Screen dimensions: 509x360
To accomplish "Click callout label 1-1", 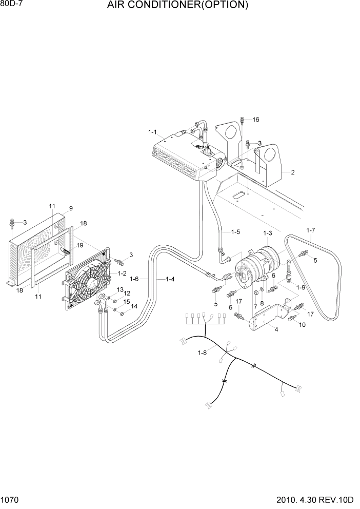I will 153,132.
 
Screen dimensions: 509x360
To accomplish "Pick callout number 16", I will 256,120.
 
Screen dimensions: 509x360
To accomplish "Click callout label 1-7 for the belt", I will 311,230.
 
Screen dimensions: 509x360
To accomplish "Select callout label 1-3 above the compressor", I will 268,233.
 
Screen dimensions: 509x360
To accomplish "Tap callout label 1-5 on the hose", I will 235,232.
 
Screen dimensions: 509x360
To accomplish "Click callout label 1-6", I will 135,279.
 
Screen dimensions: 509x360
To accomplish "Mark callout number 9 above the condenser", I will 71,208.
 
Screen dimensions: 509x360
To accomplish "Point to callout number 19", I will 79,245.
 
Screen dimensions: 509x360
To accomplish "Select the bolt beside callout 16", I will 243,121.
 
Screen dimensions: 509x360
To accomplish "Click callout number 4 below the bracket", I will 276,329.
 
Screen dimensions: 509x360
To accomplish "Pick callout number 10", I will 302,325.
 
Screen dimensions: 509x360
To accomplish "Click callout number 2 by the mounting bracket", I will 293,172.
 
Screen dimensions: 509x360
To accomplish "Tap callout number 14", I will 134,306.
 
